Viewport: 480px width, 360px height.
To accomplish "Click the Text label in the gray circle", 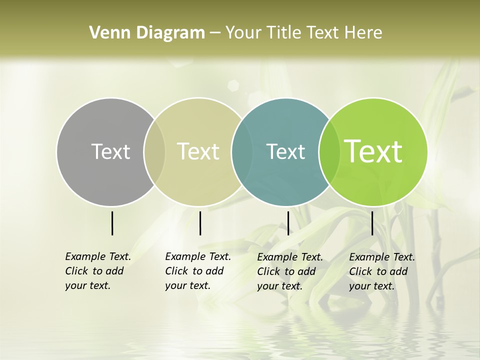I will pyautogui.click(x=110, y=151).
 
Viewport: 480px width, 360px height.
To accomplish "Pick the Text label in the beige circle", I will pyautogui.click(x=198, y=151).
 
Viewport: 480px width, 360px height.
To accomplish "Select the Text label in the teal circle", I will pyautogui.click(x=285, y=151).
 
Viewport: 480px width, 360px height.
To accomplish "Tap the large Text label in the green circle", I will pyautogui.click(x=373, y=151).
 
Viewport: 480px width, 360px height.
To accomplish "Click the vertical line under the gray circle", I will pyautogui.click(x=112, y=223).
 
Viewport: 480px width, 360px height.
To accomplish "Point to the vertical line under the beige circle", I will pyautogui.click(x=200, y=223).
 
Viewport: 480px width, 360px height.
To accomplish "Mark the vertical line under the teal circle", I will pyautogui.click(x=288, y=223).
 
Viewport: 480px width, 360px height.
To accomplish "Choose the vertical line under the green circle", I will pyautogui.click(x=372, y=223).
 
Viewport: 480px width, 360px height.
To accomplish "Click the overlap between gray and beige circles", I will pyautogui.click(x=154, y=151).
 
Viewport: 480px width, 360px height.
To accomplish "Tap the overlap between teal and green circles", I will pyautogui.click(x=327, y=151).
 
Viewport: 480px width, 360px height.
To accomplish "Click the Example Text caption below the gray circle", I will pyautogui.click(x=98, y=271).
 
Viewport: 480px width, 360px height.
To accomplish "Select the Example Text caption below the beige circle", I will pyautogui.click(x=198, y=271).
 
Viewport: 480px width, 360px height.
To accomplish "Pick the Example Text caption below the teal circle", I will pyautogui.click(x=290, y=271).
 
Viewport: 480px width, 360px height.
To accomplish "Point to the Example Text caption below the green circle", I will pyautogui.click(x=382, y=271).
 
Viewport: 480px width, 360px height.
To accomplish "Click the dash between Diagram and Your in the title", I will pyautogui.click(x=215, y=33).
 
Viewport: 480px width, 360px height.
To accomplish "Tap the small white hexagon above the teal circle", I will pyautogui.click(x=233, y=84).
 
